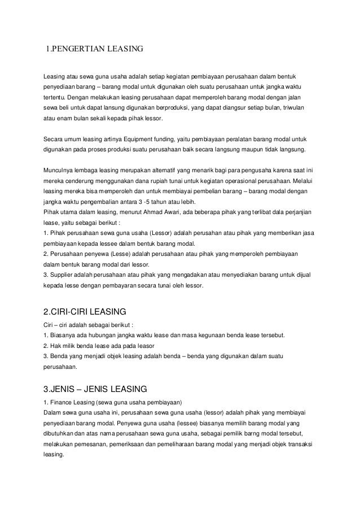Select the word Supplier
click(x=64, y=275)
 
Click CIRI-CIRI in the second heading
click(x=78, y=312)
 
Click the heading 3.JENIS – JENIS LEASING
click(x=95, y=389)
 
